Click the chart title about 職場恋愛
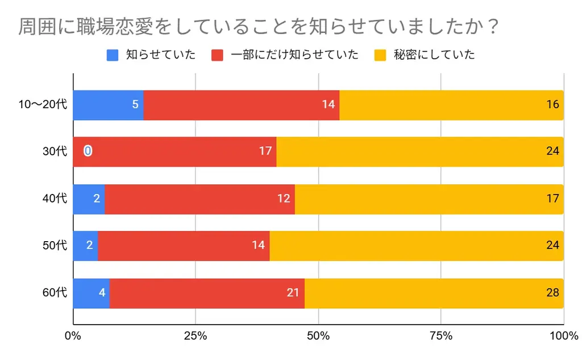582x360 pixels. click(259, 27)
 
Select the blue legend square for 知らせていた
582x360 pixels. click(113, 55)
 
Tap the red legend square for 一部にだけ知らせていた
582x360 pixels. click(217, 55)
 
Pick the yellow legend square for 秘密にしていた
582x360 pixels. click(380, 55)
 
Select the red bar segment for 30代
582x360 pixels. click(176, 151)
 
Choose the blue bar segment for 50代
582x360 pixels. click(85, 246)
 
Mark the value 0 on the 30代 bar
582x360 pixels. click(88, 151)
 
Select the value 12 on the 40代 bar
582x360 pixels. click(284, 198)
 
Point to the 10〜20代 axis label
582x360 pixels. click(43, 105)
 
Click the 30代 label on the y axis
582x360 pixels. click(55, 151)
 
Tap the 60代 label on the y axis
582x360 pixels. click(55, 293)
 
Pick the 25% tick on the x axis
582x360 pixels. click(196, 336)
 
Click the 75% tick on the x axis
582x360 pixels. click(441, 336)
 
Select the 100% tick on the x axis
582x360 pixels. click(563, 336)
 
